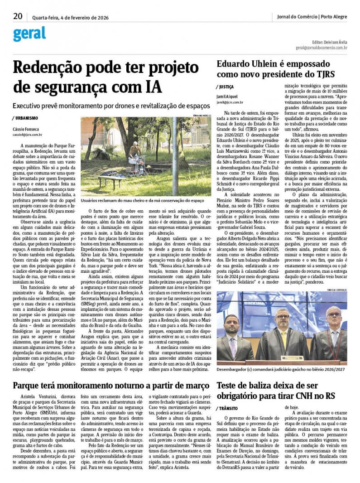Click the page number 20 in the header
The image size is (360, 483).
(x=18, y=16)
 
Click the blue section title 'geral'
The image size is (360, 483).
(x=29, y=34)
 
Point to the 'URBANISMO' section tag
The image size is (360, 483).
(x=26, y=118)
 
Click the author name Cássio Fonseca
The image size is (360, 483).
(x=26, y=129)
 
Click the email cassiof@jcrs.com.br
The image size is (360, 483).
(x=28, y=135)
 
